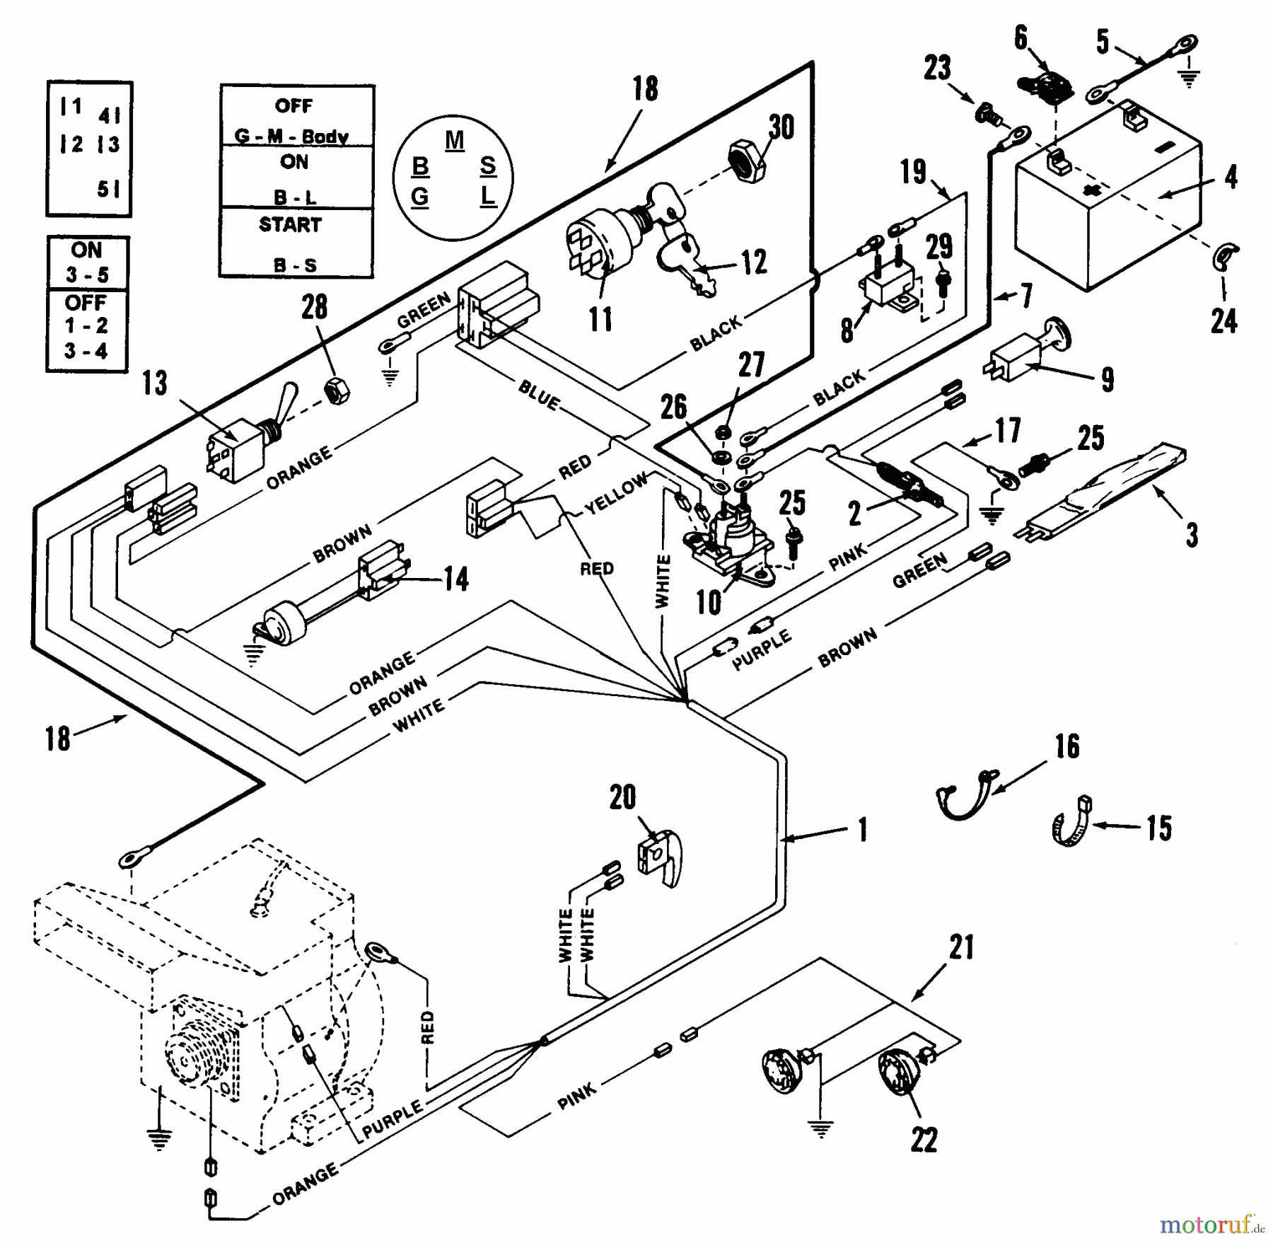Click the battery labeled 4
click(x=1107, y=212)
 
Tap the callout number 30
click(x=781, y=127)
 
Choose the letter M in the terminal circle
click(x=455, y=139)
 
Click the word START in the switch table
click(x=290, y=225)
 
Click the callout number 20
click(x=622, y=797)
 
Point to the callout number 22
click(x=924, y=1140)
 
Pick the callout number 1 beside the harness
click(x=862, y=829)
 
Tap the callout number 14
click(x=455, y=579)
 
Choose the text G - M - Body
click(x=291, y=136)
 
